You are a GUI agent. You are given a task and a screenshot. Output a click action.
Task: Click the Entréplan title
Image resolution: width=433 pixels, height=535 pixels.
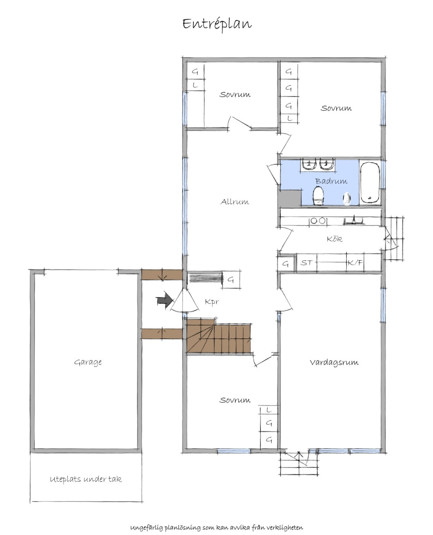[217, 24]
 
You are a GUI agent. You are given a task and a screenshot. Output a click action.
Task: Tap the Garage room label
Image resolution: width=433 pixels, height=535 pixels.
[88, 362]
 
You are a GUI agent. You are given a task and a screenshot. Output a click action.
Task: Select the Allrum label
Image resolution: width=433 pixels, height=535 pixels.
[235, 202]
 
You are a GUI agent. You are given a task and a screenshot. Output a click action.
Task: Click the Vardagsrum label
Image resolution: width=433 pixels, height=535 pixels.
[334, 362]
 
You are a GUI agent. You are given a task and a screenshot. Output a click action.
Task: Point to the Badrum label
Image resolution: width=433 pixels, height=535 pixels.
[331, 181]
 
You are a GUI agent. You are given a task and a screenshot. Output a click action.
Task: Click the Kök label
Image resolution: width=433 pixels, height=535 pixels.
[334, 238]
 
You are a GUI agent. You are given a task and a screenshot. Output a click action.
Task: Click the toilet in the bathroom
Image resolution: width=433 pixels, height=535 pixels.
[318, 197]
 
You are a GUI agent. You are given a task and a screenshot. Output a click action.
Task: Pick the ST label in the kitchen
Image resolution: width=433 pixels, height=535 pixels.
[306, 263]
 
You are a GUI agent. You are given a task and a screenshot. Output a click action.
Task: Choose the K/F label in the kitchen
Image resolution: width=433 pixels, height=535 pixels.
[355, 263]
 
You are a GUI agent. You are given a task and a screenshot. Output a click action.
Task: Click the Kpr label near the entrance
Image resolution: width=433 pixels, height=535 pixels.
[212, 302]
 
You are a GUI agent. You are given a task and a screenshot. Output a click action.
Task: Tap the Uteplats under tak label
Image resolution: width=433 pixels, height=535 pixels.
[86, 479]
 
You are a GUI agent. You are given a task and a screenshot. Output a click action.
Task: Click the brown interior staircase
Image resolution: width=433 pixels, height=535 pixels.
[219, 336]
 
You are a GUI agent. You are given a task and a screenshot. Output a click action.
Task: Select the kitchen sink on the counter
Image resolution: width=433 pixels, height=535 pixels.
[354, 220]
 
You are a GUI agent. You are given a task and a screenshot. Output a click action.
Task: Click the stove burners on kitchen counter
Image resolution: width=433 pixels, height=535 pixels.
[318, 221]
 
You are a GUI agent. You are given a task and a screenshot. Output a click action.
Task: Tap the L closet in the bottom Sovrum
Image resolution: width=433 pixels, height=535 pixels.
[269, 410]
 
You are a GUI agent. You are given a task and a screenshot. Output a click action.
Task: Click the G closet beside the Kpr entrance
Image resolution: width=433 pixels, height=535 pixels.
[231, 279]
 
